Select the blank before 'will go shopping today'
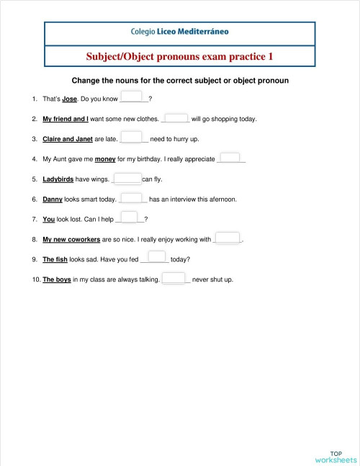coord(176,118)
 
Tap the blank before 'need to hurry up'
coord(132,138)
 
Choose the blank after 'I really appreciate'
coord(230,158)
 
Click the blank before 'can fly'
coord(127,179)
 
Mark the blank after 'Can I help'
coord(129,218)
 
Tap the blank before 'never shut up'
coord(174,278)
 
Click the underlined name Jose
coord(69,99)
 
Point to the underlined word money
coord(105,159)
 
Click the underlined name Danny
coord(53,200)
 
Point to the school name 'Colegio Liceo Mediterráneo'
coord(180,32)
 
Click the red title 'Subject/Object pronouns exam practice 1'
coord(180,55)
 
